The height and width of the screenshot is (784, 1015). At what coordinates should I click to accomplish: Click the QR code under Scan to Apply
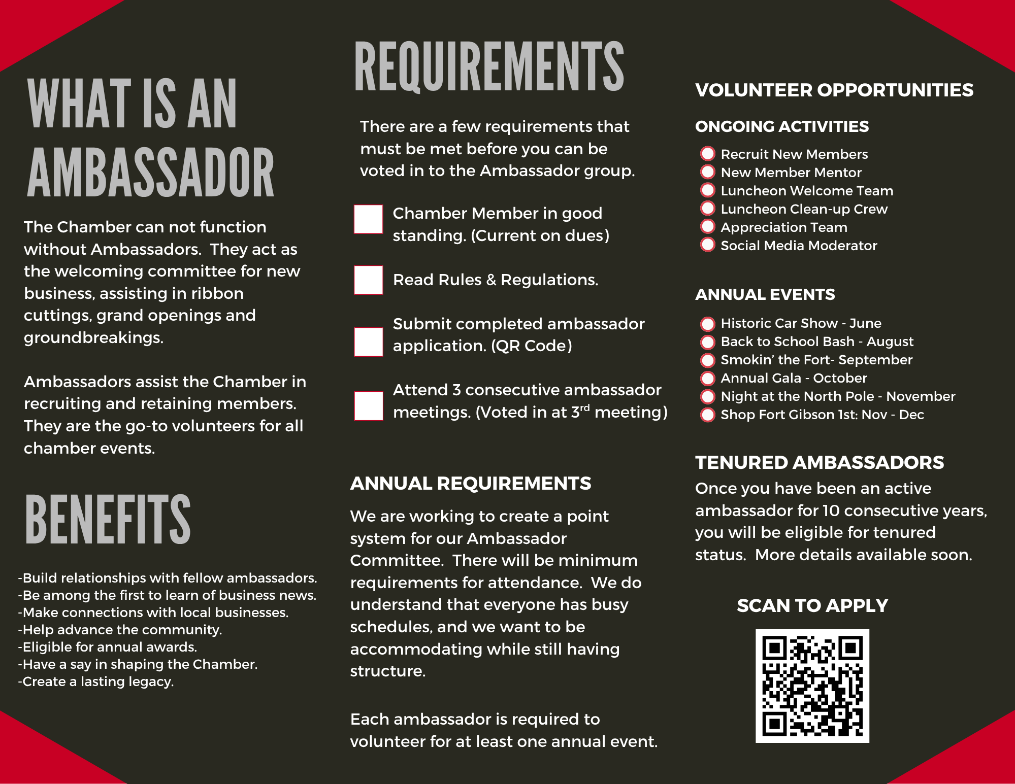point(812,686)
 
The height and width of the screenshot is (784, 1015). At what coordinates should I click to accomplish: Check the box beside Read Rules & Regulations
point(368,280)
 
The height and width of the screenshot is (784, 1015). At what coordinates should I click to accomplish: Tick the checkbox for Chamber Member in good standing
point(368,219)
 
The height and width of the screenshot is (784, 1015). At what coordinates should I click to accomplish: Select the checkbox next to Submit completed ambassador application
point(368,342)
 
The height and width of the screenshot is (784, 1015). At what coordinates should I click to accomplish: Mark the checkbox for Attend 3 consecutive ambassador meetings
point(368,406)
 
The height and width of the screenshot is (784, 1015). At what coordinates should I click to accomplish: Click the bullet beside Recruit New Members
point(707,154)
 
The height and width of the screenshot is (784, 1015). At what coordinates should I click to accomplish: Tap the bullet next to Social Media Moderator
point(707,245)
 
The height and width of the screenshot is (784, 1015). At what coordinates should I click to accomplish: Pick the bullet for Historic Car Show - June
point(707,323)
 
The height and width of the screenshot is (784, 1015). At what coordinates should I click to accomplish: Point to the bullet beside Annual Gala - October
point(707,378)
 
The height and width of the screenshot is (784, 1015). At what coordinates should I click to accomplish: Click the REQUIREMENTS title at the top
point(489,67)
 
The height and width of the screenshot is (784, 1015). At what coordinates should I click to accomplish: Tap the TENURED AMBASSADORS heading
point(819,462)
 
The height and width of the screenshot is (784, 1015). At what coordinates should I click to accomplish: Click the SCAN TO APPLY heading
point(812,605)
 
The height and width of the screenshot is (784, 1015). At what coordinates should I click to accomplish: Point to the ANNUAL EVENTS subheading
point(765,294)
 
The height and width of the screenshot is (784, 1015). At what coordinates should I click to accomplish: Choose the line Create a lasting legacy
point(96,681)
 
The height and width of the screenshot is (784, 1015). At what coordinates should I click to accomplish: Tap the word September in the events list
point(875,360)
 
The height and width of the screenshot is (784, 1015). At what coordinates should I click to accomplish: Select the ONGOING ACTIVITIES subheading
point(781,126)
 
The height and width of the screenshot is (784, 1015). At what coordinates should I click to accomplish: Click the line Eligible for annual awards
point(108,647)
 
